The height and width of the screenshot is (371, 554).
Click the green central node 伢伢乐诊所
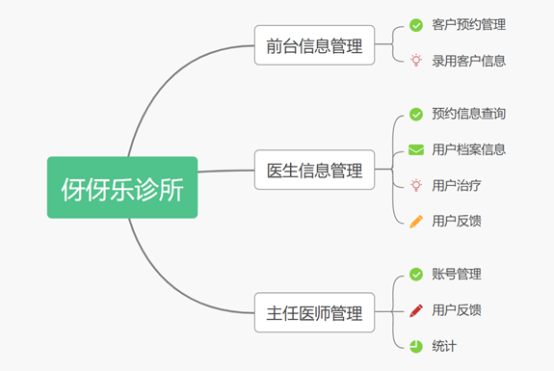[122, 187]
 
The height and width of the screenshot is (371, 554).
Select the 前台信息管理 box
[314, 45]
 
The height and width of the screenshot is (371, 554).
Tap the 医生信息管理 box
[314, 170]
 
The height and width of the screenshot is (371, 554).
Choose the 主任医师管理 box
[314, 313]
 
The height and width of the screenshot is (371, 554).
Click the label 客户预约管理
[469, 24]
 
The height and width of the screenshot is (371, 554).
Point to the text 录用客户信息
[469, 60]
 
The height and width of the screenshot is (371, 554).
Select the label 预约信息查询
[469, 114]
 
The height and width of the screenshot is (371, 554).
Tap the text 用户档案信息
[469, 149]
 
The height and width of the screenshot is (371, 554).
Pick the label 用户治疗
[457, 185]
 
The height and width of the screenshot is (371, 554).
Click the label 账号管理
[457, 274]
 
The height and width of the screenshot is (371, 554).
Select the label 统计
[444, 345]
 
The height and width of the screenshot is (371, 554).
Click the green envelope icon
[416, 149]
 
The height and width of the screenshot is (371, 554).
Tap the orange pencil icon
[416, 221]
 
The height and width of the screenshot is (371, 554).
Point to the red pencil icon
[416, 309]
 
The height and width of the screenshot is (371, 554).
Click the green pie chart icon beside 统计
[416, 345]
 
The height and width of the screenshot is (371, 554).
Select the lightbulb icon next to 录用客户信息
[416, 60]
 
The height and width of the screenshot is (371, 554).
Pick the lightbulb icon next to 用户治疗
[416, 185]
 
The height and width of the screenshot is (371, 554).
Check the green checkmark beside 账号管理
[416, 274]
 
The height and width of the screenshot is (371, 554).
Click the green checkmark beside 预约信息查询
[416, 114]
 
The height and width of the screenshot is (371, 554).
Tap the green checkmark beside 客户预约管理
[416, 24]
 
